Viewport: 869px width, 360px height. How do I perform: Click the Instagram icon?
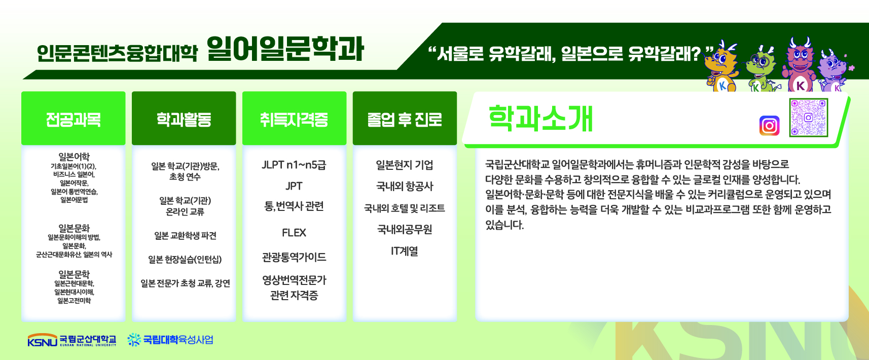click(769, 126)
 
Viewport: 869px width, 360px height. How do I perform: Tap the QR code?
click(809, 118)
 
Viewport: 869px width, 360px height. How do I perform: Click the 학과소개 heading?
click(540, 118)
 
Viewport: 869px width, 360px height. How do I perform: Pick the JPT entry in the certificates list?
click(294, 186)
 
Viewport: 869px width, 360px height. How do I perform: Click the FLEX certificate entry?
click(294, 233)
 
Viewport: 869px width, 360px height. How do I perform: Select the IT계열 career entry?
click(405, 251)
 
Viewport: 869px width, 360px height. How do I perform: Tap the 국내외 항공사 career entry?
click(405, 187)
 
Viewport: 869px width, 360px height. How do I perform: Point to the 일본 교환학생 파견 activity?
click(185, 236)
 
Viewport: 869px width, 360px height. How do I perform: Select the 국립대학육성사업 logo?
click(170, 340)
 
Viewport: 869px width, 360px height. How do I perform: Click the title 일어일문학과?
click(285, 49)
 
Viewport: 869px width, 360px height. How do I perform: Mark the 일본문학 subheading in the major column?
click(74, 274)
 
